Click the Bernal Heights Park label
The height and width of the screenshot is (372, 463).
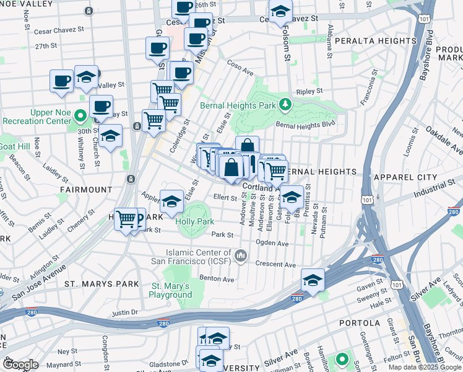238,105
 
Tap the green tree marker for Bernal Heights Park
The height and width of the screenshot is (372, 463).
285,104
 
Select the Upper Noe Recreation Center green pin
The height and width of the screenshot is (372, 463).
80,115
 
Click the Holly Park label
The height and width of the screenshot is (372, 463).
194,221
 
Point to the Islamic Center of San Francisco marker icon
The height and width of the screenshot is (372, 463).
241,255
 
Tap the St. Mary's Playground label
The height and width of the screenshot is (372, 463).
171,290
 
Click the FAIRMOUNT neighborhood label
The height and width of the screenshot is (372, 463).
86,189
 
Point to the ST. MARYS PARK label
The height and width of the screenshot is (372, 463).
93,284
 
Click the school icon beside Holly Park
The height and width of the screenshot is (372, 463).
171,201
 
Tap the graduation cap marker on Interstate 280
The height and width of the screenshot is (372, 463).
313,280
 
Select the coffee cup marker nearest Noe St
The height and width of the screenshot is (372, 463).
61,81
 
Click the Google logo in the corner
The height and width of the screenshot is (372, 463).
20,365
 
